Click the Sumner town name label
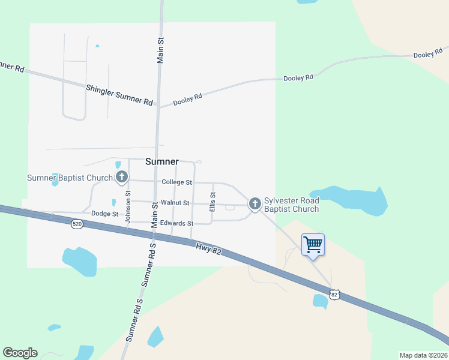162,161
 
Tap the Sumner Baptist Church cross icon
122,177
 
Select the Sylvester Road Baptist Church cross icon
255,204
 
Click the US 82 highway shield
335,294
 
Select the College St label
176,182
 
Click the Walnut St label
175,203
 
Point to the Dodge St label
104,214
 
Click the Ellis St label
212,201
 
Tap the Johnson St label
128,208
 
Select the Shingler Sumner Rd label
119,94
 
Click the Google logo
20,353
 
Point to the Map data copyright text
423,355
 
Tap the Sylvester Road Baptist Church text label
292,204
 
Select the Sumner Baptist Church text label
70,178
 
